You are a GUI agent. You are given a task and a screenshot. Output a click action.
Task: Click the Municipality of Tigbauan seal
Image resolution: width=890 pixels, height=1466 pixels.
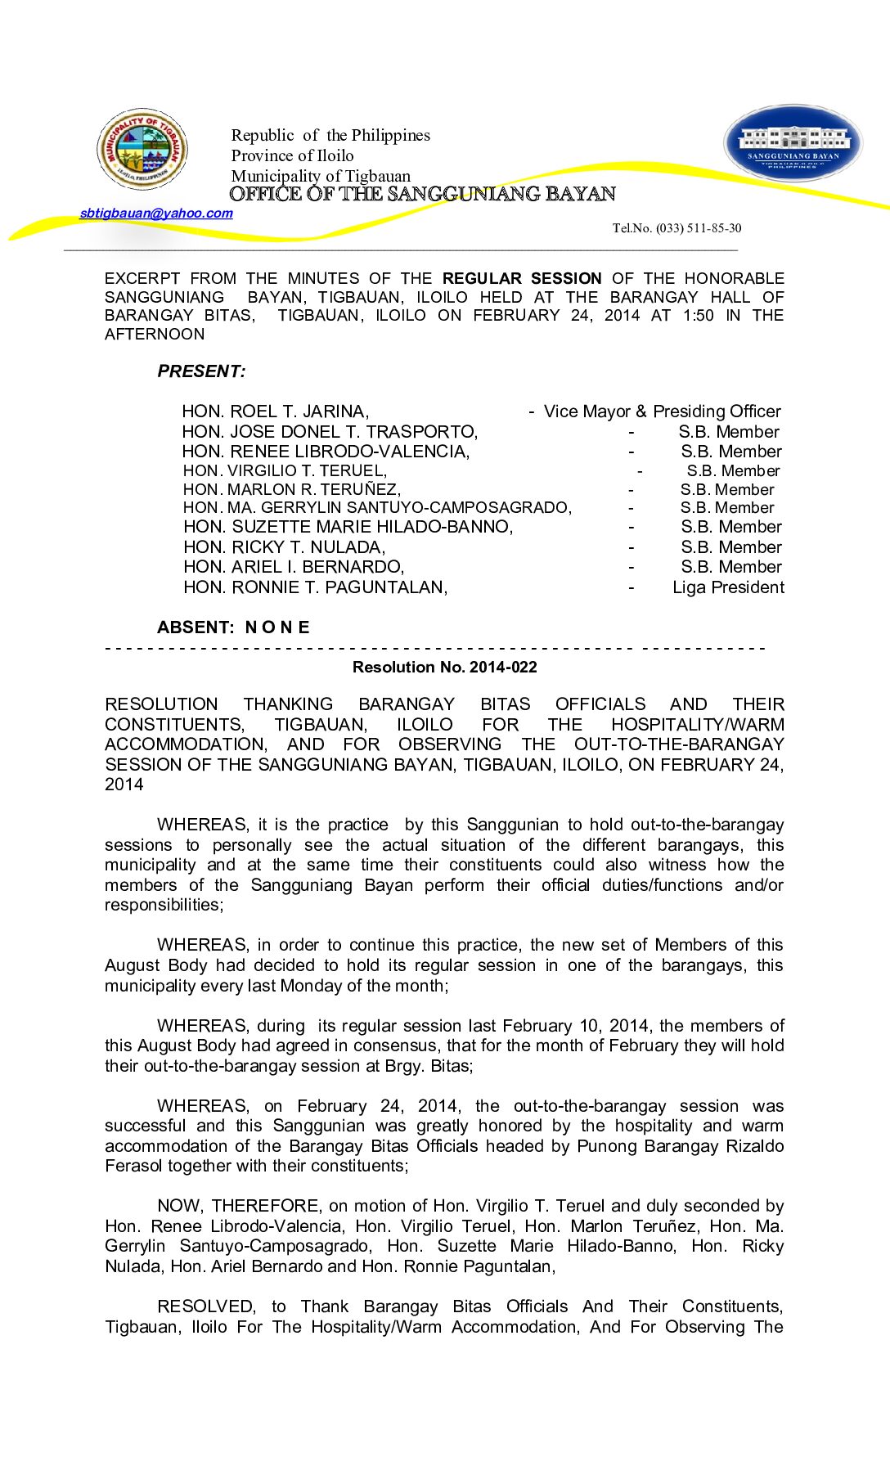(142, 149)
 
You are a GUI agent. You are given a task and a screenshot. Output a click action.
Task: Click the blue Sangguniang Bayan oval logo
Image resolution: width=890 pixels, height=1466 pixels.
(793, 143)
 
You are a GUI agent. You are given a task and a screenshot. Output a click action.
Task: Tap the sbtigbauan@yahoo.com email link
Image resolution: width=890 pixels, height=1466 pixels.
(156, 214)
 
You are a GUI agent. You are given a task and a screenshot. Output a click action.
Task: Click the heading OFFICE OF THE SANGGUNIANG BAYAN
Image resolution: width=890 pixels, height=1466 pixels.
(422, 194)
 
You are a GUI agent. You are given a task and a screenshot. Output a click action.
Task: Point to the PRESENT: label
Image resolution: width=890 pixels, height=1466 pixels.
(201, 371)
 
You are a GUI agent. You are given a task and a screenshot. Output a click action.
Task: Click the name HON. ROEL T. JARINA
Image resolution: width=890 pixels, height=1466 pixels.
(275, 411)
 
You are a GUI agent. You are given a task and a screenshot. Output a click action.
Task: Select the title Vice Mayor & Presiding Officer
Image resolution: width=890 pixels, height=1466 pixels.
(662, 411)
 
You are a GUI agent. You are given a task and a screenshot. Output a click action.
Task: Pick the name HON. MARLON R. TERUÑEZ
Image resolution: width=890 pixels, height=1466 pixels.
(291, 489)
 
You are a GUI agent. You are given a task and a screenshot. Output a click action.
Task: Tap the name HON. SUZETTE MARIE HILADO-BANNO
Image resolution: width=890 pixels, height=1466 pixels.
(348, 527)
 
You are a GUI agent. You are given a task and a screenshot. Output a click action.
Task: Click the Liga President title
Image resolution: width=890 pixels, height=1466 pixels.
(728, 587)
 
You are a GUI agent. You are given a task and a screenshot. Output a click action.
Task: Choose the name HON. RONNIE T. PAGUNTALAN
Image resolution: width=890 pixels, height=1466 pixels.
(315, 587)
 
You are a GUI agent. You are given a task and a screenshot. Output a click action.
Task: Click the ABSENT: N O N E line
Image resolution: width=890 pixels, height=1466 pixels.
(233, 627)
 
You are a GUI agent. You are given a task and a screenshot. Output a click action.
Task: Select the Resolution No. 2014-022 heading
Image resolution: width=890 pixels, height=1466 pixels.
(444, 668)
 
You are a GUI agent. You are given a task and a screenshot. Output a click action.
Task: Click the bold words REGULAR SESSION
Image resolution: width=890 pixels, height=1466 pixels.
(522, 279)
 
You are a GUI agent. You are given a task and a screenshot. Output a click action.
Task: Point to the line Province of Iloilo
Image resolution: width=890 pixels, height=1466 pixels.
(292, 155)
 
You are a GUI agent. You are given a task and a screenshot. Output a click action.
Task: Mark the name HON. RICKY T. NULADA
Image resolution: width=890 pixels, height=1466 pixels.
(284, 547)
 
